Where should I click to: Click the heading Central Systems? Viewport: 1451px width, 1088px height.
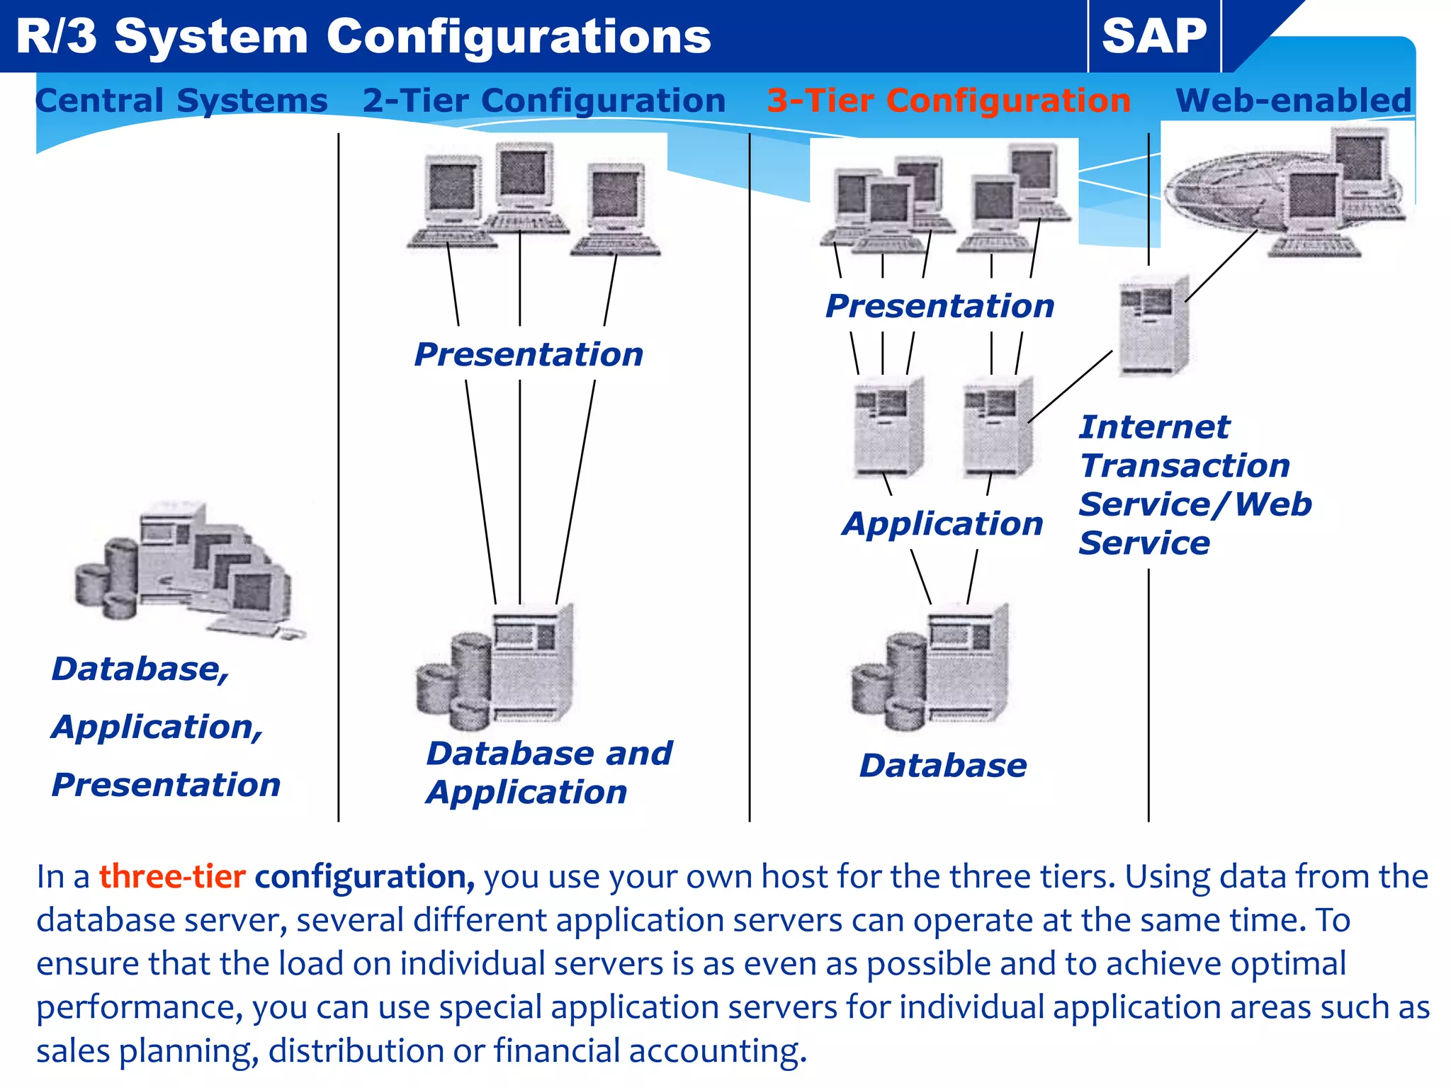[x=181, y=100]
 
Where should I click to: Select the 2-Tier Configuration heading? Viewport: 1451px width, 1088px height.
[x=544, y=100]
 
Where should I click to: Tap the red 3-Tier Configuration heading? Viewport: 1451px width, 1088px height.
[x=949, y=100]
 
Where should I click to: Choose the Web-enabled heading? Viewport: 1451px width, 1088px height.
[x=1293, y=100]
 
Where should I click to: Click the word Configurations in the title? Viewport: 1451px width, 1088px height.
[x=518, y=37]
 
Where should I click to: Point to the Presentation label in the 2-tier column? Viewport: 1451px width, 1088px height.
[x=529, y=354]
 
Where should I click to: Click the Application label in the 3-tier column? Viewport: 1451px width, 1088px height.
[x=943, y=523]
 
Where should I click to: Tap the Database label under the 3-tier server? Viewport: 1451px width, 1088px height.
[x=943, y=766]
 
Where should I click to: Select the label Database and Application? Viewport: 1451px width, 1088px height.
[x=549, y=772]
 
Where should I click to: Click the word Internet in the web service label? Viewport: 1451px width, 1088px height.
[x=1154, y=427]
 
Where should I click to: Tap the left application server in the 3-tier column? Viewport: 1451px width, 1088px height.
[x=888, y=427]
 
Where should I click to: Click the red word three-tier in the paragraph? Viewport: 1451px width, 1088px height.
[x=172, y=877]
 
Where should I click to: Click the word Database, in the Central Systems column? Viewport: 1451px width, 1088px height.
[x=140, y=669]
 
